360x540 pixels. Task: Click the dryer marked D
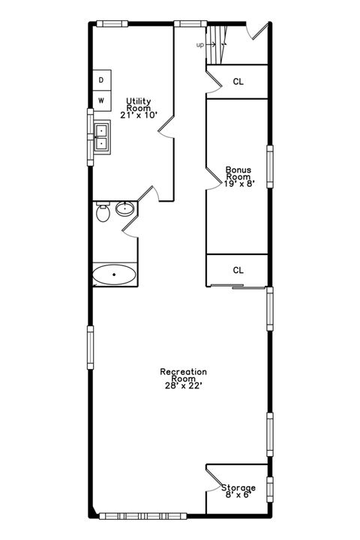[101, 79]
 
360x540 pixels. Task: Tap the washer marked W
[101, 100]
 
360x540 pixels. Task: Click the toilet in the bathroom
[103, 214]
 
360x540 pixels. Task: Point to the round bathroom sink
[124, 209]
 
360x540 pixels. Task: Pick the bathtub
[115, 275]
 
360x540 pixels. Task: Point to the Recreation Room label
[184, 375]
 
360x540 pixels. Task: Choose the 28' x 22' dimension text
[184, 385]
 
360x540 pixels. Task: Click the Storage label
[238, 488]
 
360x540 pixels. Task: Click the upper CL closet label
[238, 82]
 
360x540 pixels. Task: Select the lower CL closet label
[238, 270]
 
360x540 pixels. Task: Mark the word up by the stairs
[200, 45]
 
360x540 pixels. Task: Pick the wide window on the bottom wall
[142, 515]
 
